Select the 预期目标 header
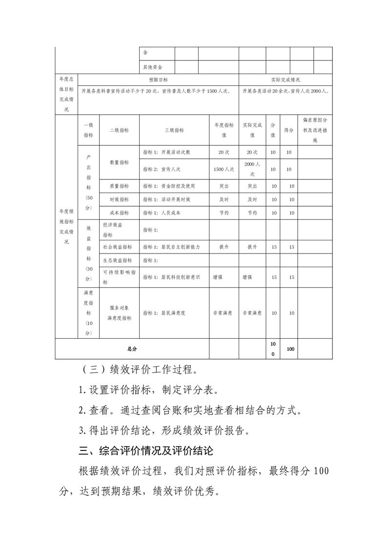coord(158,79)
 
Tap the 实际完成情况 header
coord(285,79)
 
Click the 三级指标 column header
coord(174,130)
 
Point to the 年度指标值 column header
coord(224,130)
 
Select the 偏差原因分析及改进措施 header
coord(315,130)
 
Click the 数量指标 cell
coord(120,162)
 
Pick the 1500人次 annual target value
coord(224,169)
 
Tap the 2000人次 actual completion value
coord(252,169)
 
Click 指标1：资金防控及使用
coord(169,186)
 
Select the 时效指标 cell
coord(120,199)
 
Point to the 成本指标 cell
coord(120,213)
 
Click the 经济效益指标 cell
coord(113,230)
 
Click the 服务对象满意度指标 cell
coord(120,313)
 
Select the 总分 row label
coord(132,349)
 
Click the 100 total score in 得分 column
coord(290,349)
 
